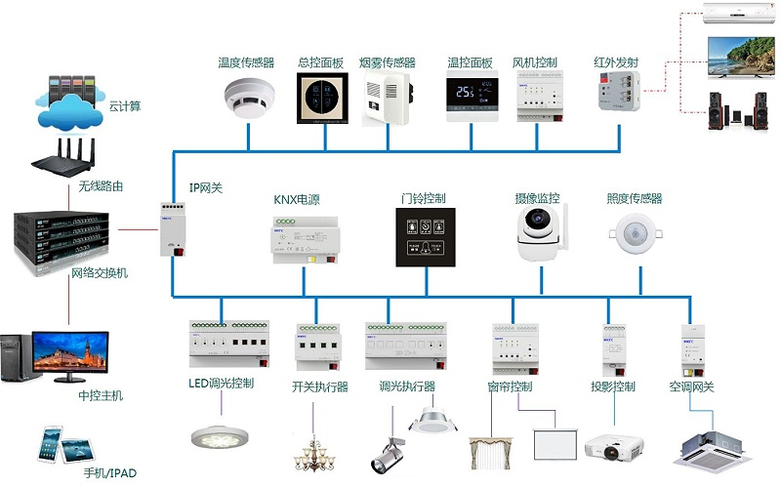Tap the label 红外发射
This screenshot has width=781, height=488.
tap(616, 62)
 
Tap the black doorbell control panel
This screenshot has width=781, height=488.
tap(426, 235)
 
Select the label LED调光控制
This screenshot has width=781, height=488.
tap(222, 384)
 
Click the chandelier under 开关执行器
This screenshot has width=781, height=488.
tap(317, 450)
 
